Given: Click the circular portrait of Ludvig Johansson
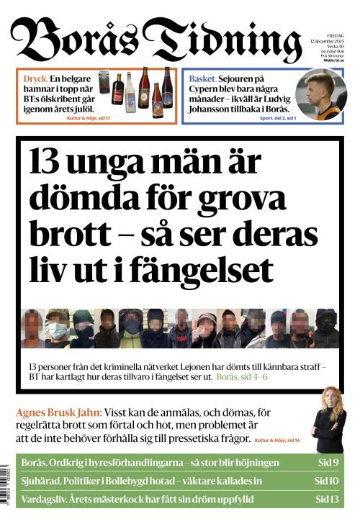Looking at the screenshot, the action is [x=320, y=95].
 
